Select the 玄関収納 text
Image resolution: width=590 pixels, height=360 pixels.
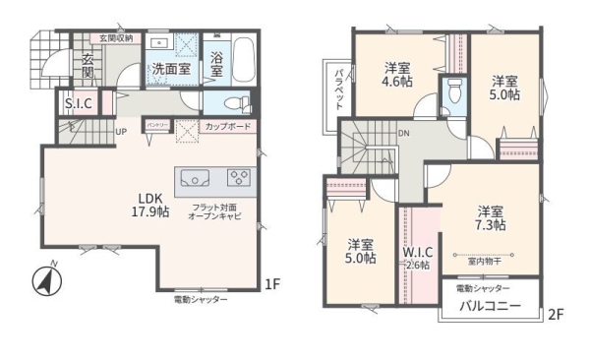[115, 37]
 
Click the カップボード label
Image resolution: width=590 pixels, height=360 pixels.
[228, 126]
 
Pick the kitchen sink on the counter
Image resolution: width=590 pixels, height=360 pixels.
[194, 178]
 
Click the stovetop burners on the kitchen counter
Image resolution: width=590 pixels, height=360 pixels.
[239, 178]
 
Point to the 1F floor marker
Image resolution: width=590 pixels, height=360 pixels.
[272, 286]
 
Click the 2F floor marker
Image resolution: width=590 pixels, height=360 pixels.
[557, 315]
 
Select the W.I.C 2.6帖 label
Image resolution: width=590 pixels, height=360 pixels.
[417, 257]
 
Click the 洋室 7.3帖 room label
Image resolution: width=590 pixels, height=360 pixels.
[492, 217]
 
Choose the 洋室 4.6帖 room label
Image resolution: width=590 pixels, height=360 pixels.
[398, 76]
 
